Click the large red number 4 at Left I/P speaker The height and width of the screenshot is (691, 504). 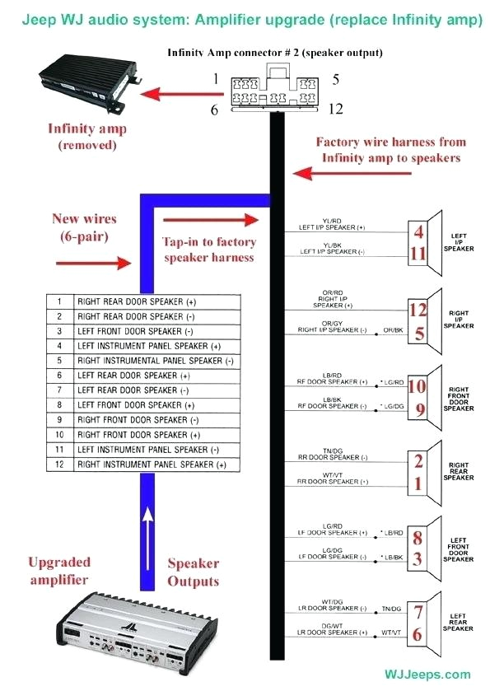pos(419,233)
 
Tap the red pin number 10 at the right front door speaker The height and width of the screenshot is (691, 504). pos(418,385)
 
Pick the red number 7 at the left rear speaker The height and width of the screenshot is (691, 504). pos(419,613)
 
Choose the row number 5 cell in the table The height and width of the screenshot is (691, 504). pos(60,361)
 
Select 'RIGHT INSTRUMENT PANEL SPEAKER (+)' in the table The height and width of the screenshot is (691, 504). pos(152,465)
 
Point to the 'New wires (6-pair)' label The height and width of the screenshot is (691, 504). pos(85,227)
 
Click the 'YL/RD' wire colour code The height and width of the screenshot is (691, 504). pos(332,220)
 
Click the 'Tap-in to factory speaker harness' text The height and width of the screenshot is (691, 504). pos(209,250)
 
